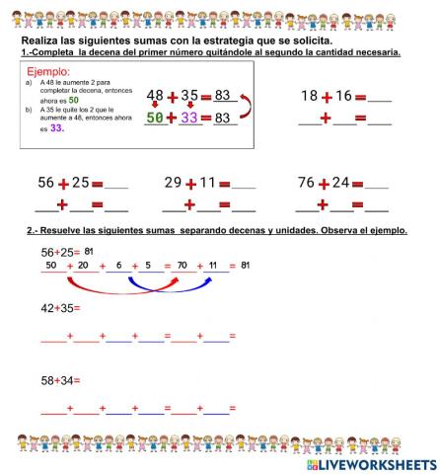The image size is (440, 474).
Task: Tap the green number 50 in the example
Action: click(154, 118)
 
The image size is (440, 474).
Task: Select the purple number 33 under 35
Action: click(188, 118)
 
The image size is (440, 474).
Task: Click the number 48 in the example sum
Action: click(155, 95)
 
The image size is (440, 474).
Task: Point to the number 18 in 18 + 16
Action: click(310, 96)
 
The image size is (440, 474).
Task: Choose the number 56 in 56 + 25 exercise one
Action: click(45, 183)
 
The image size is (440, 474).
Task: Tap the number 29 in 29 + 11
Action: click(173, 183)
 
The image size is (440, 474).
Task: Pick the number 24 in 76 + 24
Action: click(344, 183)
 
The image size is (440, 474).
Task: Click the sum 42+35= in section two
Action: click(60, 308)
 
